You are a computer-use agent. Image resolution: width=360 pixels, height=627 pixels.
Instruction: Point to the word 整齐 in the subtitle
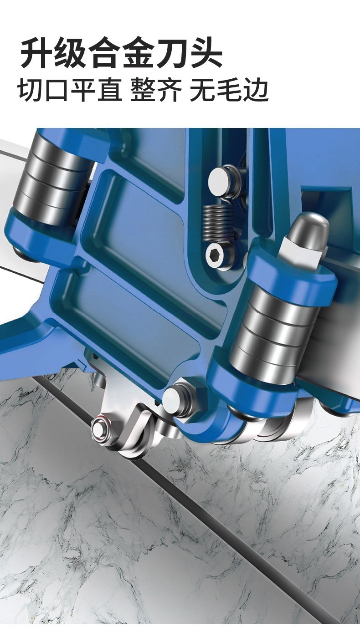(x=156, y=90)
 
